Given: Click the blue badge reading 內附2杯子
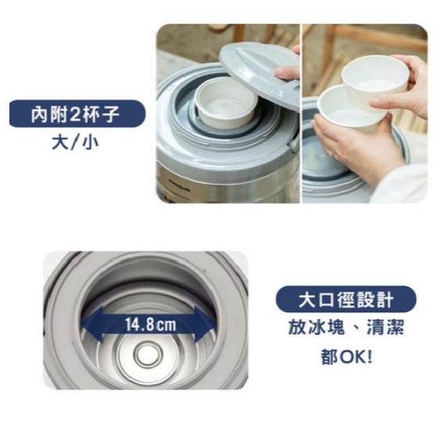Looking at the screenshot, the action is [x=77, y=113].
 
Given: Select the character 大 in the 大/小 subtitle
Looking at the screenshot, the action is [x=60, y=142].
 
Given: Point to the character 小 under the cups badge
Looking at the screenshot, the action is [x=90, y=142].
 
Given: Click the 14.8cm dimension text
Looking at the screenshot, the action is [x=151, y=325].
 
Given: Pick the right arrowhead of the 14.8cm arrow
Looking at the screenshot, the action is [x=204, y=324].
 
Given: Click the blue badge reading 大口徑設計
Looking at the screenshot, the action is [x=346, y=299].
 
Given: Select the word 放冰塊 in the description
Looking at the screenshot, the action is [x=317, y=328].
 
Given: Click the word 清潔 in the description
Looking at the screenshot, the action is [x=385, y=328].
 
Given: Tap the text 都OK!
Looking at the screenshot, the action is [x=347, y=357].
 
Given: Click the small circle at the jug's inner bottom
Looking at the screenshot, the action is [x=148, y=355].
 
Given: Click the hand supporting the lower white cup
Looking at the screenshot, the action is [x=357, y=149].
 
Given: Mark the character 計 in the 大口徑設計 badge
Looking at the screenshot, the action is [x=385, y=299].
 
